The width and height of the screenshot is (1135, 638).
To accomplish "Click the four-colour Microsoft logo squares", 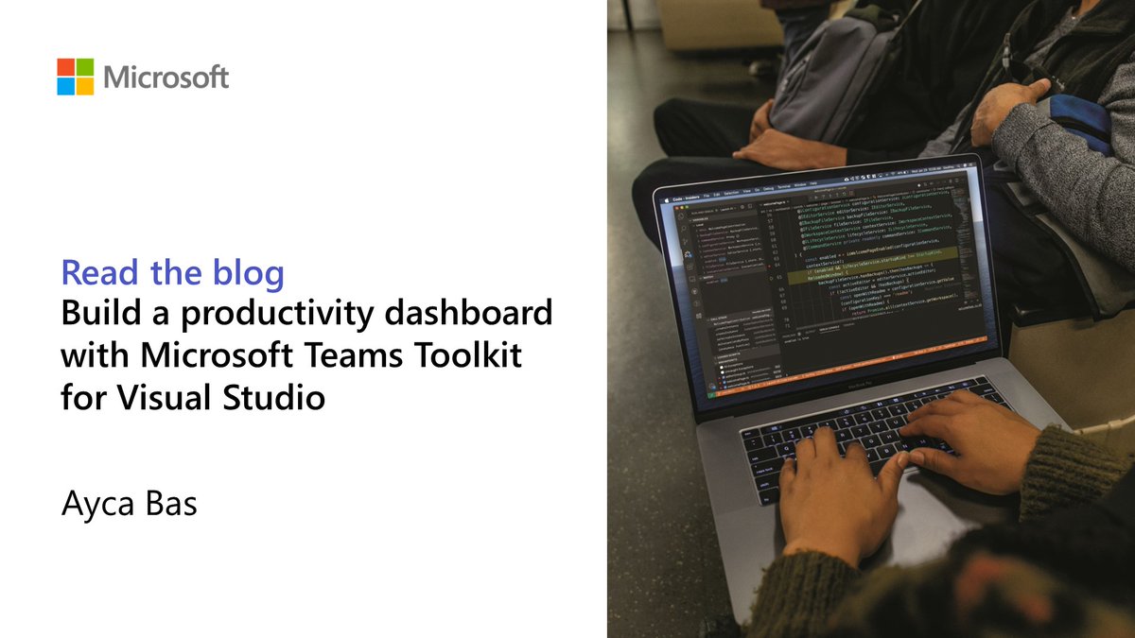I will (76, 77).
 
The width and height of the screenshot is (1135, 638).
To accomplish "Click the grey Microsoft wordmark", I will (166, 77).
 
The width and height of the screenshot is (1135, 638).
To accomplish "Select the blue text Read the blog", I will (172, 273).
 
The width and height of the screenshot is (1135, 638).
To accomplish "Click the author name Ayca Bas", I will (130, 504).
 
